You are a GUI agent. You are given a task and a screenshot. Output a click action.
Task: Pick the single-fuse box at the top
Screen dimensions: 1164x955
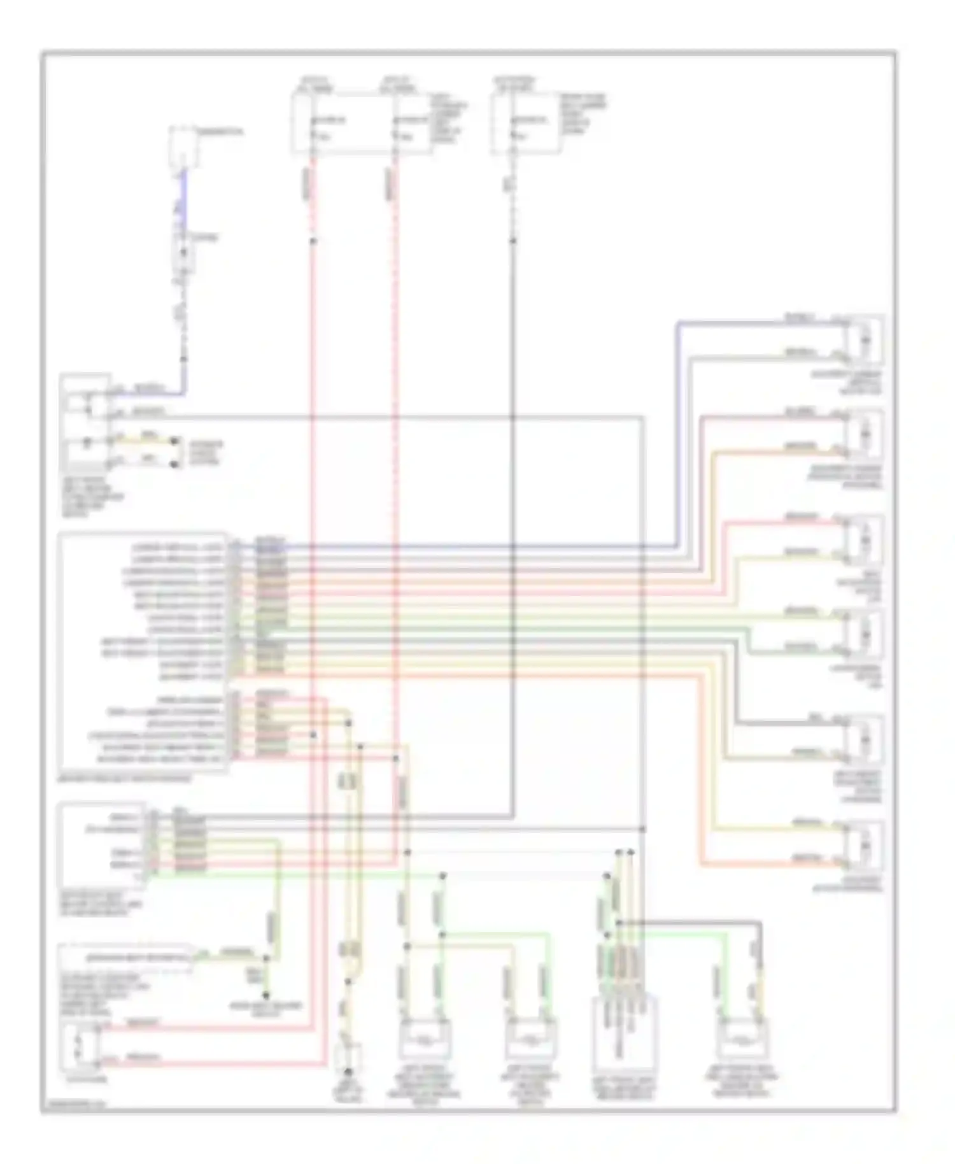(x=526, y=124)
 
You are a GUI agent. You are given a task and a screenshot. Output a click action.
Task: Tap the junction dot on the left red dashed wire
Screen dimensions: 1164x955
(x=313, y=241)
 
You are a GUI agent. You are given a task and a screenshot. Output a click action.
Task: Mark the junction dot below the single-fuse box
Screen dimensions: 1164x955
(x=513, y=241)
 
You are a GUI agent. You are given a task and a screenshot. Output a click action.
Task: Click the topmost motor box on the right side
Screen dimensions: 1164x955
(x=865, y=340)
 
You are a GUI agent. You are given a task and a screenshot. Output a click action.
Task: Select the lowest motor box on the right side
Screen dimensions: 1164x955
(x=865, y=846)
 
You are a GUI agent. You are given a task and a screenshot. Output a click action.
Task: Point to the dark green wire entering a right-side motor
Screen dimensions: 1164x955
(x=796, y=651)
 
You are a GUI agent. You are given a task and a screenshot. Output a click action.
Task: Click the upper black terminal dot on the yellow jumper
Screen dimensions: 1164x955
(x=174, y=441)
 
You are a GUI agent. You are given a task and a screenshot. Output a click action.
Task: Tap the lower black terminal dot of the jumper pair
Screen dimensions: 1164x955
(x=174, y=464)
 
